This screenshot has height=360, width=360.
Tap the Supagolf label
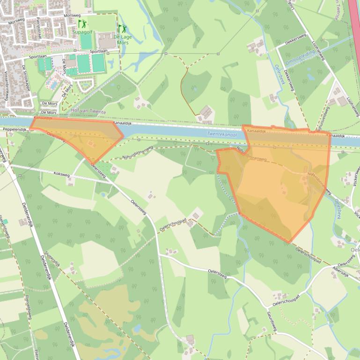point(82,32)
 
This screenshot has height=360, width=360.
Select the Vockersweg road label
point(355,177)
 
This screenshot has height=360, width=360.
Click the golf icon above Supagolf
point(82,23)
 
